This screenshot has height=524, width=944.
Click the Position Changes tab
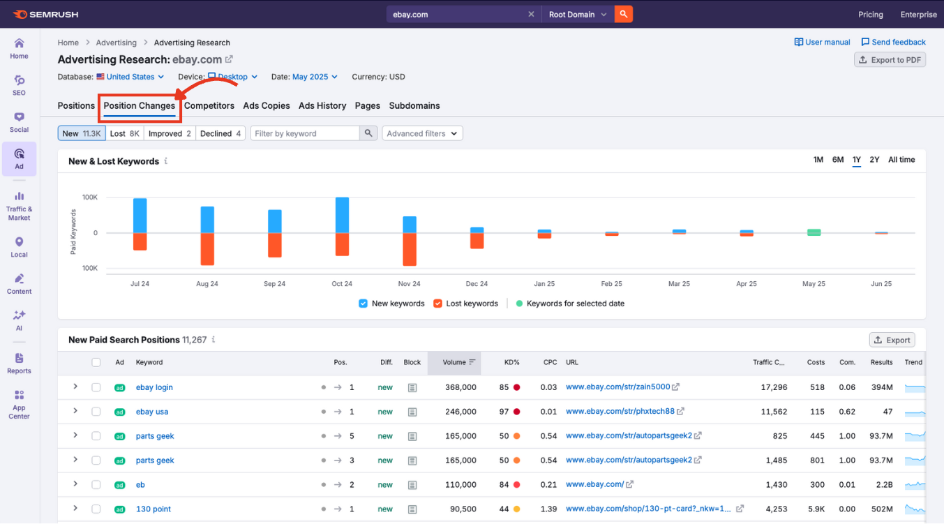(x=139, y=106)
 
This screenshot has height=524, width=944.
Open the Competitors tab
(x=209, y=106)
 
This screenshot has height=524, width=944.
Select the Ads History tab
(x=322, y=106)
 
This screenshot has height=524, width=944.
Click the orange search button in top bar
(x=624, y=14)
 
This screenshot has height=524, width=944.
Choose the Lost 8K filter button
(x=125, y=133)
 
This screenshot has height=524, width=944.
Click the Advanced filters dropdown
(x=422, y=133)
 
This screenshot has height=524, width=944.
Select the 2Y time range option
(x=874, y=160)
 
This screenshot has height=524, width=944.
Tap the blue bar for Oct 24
(x=342, y=215)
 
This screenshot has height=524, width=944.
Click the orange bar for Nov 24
(x=410, y=249)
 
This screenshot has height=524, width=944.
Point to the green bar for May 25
(x=814, y=232)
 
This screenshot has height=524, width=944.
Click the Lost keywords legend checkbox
(x=438, y=304)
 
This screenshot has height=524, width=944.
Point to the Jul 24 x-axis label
(x=140, y=284)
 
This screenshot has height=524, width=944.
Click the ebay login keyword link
(x=154, y=387)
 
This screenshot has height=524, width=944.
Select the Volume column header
(x=454, y=362)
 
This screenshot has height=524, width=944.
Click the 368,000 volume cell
(x=460, y=387)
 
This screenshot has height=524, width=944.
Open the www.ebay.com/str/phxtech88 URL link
(x=620, y=412)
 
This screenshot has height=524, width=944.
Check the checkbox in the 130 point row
(x=96, y=509)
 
